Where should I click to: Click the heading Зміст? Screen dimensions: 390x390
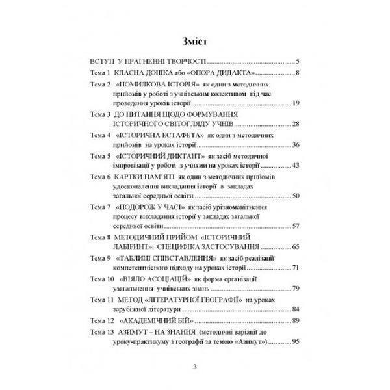[194, 43]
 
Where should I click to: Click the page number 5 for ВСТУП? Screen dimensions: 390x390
[296, 62]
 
